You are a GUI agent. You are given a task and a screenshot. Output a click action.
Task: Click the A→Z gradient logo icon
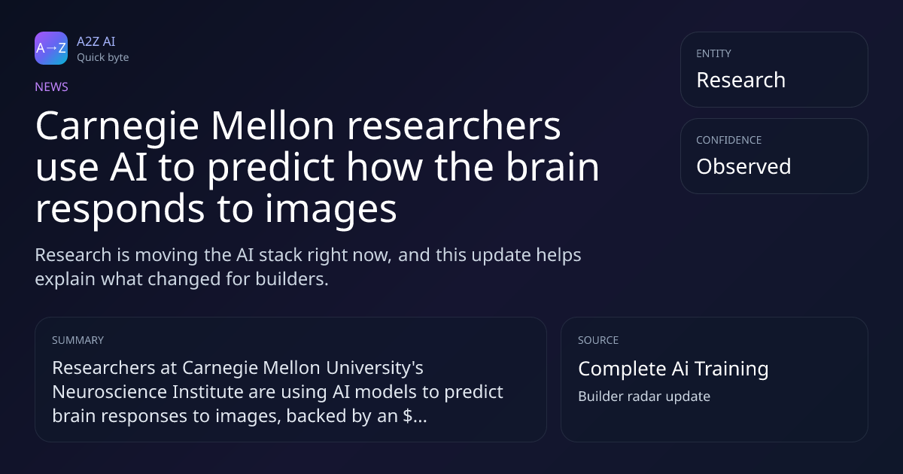[x=51, y=48]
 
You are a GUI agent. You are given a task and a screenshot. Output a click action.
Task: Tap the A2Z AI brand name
[x=96, y=41]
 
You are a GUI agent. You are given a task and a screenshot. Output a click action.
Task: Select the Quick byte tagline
[x=103, y=57]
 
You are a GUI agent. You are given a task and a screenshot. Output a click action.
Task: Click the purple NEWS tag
[x=52, y=87]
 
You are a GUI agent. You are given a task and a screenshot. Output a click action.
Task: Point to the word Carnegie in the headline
[x=117, y=126]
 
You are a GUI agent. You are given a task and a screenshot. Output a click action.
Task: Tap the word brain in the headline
[x=552, y=166]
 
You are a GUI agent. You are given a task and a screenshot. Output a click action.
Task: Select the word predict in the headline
[x=270, y=169]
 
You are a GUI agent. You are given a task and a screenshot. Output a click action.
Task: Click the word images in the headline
[x=330, y=211]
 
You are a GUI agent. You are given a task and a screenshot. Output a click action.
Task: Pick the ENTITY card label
[x=713, y=53]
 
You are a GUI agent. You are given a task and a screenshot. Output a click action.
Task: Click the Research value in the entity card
[x=741, y=80]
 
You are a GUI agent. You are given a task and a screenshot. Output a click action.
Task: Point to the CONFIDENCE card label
[x=729, y=140]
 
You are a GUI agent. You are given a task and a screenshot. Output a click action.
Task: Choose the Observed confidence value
[x=743, y=166]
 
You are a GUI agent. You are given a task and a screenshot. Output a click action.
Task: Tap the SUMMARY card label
[x=78, y=340]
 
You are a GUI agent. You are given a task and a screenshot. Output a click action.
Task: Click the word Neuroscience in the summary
[x=109, y=392]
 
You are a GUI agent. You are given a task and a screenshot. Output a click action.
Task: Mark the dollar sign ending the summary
[x=407, y=416]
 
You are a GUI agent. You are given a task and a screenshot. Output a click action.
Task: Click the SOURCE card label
[x=598, y=340]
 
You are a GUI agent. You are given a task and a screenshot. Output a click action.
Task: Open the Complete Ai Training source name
[x=673, y=369]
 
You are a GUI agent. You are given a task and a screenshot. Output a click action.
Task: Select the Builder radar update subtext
[x=644, y=397]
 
